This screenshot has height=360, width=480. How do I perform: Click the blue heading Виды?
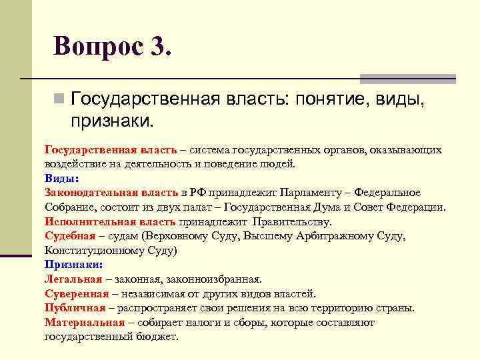pos(61,179)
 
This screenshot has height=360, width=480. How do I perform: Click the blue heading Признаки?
pos(73,265)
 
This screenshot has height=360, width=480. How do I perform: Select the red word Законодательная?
pos(83,193)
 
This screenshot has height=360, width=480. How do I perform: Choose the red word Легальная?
pos(73,279)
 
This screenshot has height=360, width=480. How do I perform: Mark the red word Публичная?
pos(75,308)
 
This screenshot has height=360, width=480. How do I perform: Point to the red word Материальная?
pos(84,323)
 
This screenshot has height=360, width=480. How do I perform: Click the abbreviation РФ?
pos(197,193)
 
